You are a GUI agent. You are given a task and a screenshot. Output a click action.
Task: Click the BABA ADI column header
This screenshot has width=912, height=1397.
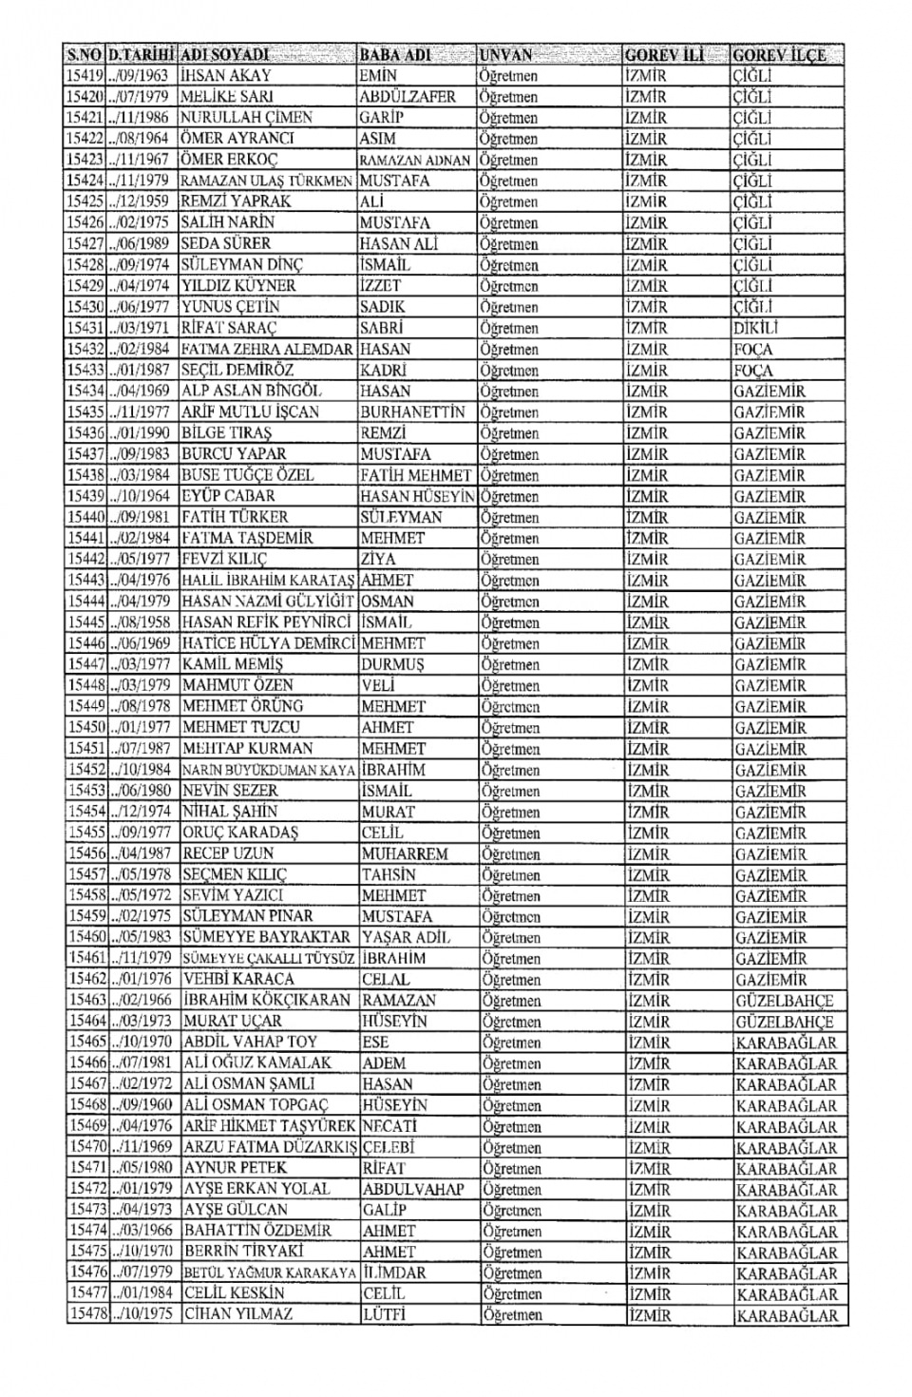395,55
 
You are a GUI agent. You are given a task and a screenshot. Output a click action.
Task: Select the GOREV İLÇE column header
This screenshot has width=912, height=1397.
779,55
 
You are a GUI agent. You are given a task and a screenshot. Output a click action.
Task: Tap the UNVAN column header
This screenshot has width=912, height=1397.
506,55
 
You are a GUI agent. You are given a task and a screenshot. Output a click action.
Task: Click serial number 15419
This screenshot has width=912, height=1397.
85,76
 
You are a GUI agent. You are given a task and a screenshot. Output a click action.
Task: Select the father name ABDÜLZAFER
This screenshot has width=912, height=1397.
408,97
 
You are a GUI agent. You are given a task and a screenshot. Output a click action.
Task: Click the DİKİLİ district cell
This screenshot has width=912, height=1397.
756,328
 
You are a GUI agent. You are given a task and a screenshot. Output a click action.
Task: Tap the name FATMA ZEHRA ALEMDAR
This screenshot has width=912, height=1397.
266,349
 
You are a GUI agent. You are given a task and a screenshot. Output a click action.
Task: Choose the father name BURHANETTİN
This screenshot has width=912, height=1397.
413,412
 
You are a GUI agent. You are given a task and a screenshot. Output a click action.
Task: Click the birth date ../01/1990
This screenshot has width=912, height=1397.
140,433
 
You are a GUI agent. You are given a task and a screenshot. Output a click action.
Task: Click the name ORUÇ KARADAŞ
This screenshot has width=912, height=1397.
240,832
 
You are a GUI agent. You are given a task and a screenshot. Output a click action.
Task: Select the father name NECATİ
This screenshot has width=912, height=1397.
390,1126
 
